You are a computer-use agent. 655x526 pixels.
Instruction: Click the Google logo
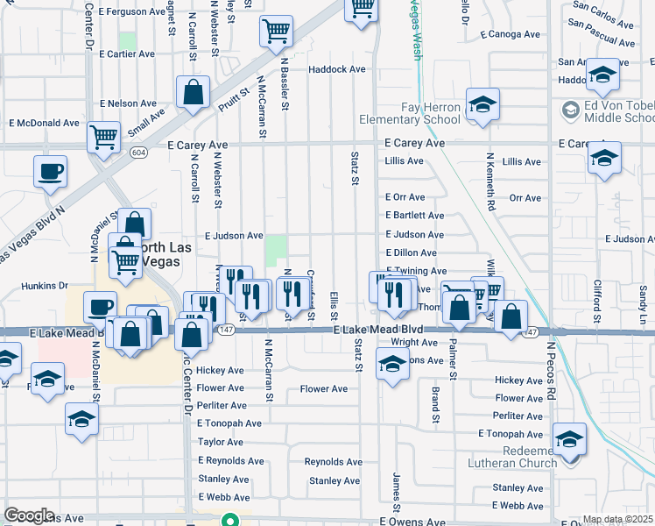(29, 515)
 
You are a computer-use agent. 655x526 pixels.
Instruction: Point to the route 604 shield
(138, 152)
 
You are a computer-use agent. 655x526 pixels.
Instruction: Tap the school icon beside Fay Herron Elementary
(482, 105)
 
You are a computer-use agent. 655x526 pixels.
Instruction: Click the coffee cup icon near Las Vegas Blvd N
(51, 171)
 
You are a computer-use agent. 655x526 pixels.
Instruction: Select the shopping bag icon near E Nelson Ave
(192, 93)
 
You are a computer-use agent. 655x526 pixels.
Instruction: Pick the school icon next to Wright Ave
(392, 363)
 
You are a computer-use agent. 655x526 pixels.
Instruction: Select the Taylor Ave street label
(221, 443)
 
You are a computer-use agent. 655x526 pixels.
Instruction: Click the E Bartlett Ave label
(414, 216)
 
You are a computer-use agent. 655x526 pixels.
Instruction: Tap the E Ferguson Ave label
(131, 11)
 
